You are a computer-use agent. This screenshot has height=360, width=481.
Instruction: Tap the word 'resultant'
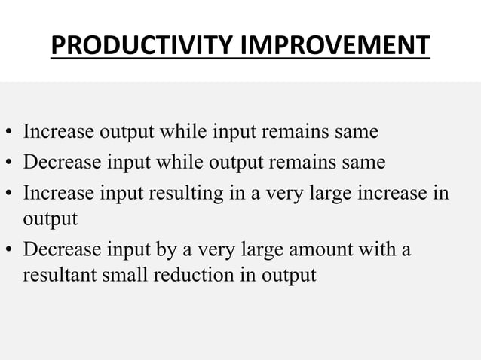click(x=57, y=275)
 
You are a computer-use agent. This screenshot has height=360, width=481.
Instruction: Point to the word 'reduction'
click(x=190, y=275)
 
